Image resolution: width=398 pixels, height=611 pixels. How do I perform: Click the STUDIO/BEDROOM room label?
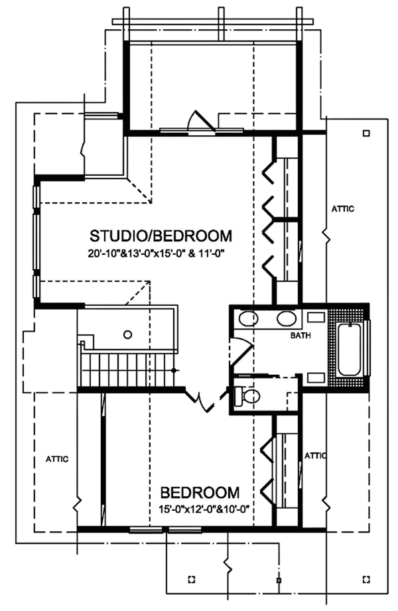coord(161,236)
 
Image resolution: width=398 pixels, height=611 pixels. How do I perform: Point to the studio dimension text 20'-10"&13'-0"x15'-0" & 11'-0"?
coord(161,253)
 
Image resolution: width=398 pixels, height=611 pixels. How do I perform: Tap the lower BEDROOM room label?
coord(200,493)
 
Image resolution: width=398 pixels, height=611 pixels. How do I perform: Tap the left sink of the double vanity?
coord(247,318)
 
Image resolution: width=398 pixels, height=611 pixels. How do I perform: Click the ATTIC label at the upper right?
coord(342,209)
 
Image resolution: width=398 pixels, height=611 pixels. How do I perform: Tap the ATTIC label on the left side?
coord(57,458)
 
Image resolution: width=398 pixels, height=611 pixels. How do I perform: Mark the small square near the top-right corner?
coord(365,132)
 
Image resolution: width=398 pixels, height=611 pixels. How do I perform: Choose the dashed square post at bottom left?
coord(192,578)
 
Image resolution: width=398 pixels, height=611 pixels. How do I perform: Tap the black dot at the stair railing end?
coord(174,369)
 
